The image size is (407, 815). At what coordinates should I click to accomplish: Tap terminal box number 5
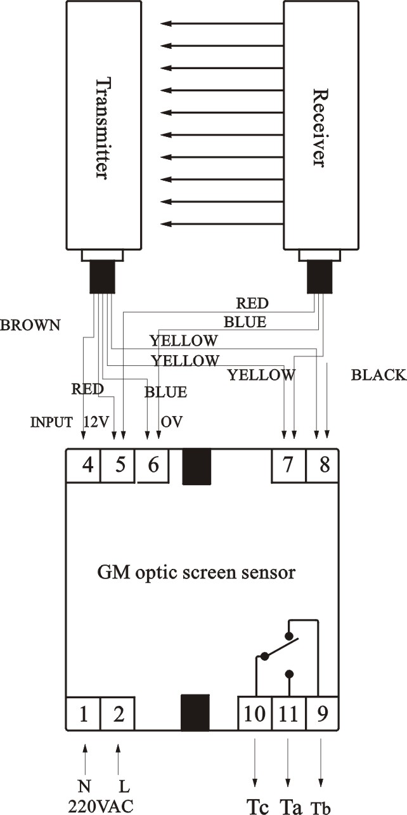[x=119, y=465]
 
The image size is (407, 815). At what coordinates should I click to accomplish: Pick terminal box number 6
[x=153, y=465]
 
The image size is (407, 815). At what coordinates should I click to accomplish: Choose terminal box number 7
[x=288, y=465]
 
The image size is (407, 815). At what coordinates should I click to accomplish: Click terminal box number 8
[x=323, y=465]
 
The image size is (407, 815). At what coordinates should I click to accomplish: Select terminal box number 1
[x=83, y=714]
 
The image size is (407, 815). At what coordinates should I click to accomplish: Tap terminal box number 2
[x=118, y=714]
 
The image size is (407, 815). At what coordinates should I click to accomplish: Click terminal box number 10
[x=255, y=714]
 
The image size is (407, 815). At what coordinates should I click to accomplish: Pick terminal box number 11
[x=288, y=714]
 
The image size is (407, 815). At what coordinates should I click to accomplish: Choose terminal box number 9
[x=323, y=714]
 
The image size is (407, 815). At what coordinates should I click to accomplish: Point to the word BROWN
[x=30, y=325]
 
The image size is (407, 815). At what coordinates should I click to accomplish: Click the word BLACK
[x=378, y=375]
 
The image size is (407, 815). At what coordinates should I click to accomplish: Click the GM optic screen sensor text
[x=197, y=573]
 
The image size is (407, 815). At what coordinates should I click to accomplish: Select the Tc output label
[x=255, y=804]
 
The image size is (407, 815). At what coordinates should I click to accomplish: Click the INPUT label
[x=51, y=422]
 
